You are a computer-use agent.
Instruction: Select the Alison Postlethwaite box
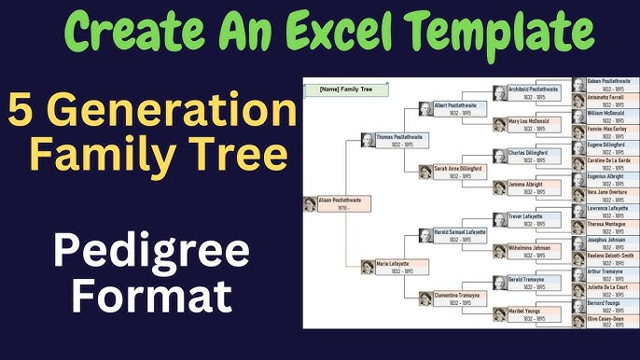[338, 202]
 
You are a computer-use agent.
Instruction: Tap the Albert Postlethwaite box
[454, 109]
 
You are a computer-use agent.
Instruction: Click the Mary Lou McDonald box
[530, 124]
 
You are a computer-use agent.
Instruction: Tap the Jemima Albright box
[530, 187]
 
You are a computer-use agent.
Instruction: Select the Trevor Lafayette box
[530, 219]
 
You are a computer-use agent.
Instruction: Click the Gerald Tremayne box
[530, 282]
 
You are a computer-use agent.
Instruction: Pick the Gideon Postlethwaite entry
[605, 85]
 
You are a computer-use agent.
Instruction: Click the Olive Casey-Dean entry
[605, 322]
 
